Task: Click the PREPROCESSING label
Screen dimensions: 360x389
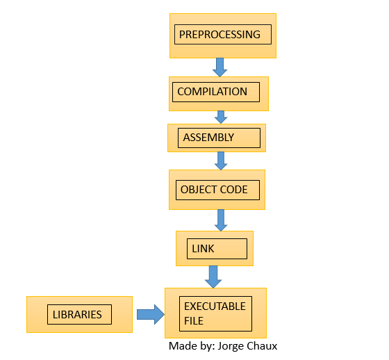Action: tap(220, 35)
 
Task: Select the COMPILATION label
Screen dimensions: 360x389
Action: tap(212, 92)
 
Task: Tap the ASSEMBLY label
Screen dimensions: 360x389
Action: tap(208, 138)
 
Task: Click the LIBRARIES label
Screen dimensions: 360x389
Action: tap(77, 315)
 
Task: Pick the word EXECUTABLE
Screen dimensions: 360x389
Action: tap(215, 306)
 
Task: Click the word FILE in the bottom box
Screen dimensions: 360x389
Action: tap(194, 320)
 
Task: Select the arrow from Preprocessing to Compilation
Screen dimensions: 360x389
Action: tap(220, 67)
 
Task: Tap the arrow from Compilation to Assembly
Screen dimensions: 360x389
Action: tap(221, 117)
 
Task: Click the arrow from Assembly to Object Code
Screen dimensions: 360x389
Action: tap(221, 161)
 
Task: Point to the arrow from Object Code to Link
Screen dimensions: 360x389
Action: tap(221, 220)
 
